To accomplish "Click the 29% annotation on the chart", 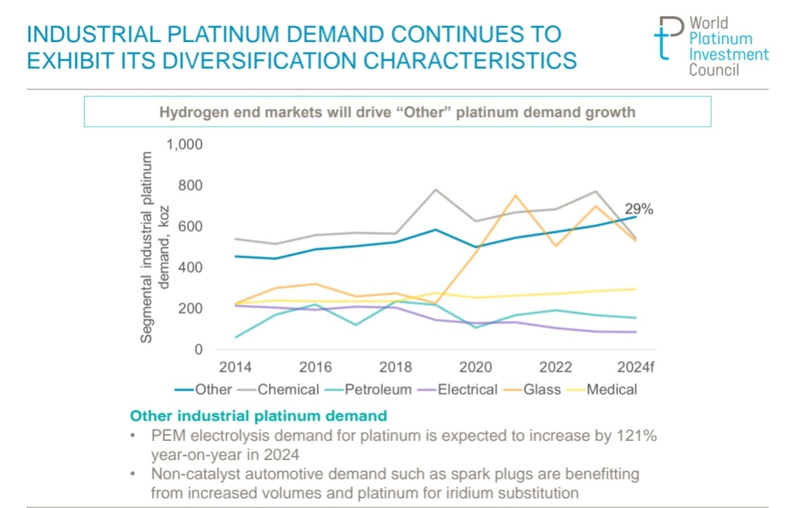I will point(639,209).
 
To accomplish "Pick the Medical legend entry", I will point(611,389).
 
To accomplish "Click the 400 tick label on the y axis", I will point(190,267).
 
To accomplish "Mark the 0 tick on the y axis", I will point(197,350).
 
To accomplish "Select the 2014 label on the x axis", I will point(236,367).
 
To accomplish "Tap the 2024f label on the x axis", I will point(636,367).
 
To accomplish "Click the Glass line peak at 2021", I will point(516,195).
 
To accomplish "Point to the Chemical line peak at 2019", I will point(435,189).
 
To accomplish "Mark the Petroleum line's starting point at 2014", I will point(236,337).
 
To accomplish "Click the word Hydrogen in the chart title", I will point(194,113).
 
